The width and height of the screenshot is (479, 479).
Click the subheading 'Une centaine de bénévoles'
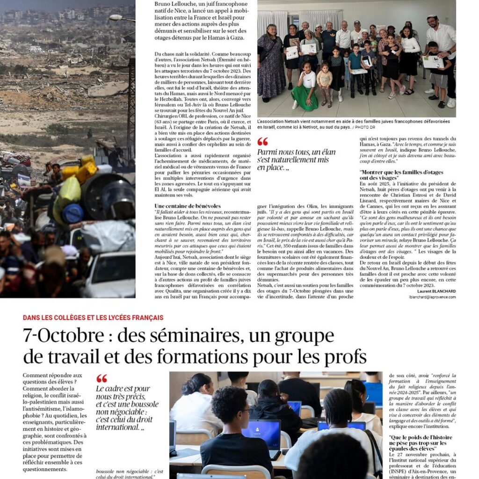(x=188, y=206)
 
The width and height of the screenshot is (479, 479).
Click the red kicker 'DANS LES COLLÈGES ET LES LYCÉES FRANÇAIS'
(x=93, y=318)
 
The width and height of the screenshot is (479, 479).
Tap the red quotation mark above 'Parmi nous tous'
(x=263, y=142)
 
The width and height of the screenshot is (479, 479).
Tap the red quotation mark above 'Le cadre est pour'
(x=102, y=378)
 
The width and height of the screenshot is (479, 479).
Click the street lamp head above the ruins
(x=116, y=18)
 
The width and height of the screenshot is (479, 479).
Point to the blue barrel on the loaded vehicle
(x=73, y=213)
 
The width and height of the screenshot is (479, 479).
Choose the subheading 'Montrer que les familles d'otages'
(x=401, y=172)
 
